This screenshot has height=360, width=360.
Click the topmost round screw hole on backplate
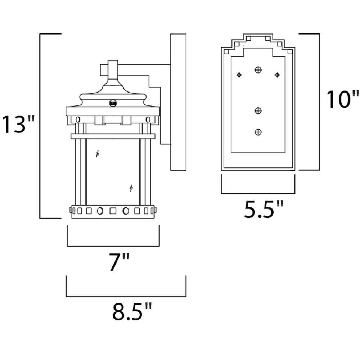point(258,70)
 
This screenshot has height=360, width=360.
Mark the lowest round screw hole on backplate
point(258,132)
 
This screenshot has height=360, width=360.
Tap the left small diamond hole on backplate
point(239,75)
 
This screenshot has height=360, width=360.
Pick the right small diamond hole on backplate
point(277,75)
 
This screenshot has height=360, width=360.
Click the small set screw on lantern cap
point(113,103)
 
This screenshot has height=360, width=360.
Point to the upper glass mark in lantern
point(97,154)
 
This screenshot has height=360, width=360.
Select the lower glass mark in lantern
point(131,188)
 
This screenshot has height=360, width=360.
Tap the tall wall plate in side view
point(178,102)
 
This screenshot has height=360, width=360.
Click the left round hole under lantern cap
point(78,119)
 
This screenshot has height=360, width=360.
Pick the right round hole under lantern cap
point(148,119)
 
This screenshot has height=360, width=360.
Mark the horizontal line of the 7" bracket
point(113,246)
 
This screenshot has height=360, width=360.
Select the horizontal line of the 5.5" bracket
point(258,193)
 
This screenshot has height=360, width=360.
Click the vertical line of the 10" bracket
point(319,102)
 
